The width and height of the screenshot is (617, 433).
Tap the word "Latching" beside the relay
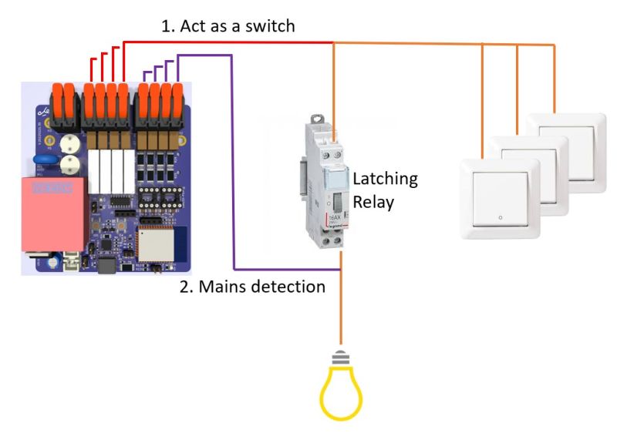click(x=385, y=179)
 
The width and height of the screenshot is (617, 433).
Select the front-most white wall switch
click(x=500, y=199)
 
